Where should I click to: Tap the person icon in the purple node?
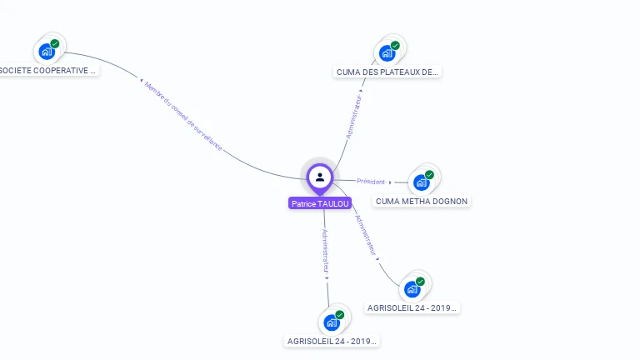(320, 177)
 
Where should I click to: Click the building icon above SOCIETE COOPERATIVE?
(47, 52)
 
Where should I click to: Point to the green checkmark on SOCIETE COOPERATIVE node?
(55, 43)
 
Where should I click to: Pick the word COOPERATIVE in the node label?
(65, 71)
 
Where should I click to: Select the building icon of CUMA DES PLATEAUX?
(387, 53)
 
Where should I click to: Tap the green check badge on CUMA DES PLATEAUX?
(395, 45)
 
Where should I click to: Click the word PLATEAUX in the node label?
(395, 72)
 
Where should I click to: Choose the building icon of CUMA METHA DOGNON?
(421, 182)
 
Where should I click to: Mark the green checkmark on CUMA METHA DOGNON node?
(429, 175)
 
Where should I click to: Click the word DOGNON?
(451, 202)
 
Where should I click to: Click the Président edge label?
(371, 182)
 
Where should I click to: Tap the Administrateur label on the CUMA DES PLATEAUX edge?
(354, 117)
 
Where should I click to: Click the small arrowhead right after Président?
(390, 182)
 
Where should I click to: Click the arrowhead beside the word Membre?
(141, 80)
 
